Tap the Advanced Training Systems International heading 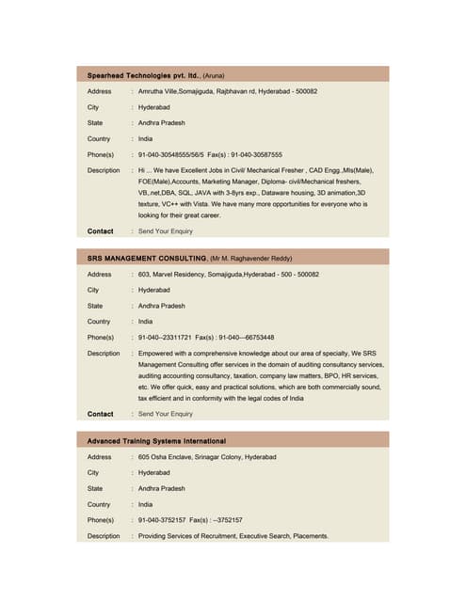156,440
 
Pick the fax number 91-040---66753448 246,337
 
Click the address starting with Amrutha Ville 227,91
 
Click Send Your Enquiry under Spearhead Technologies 166,230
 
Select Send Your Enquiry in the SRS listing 166,414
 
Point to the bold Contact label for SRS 101,414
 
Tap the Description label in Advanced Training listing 104,536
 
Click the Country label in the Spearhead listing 99,138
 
